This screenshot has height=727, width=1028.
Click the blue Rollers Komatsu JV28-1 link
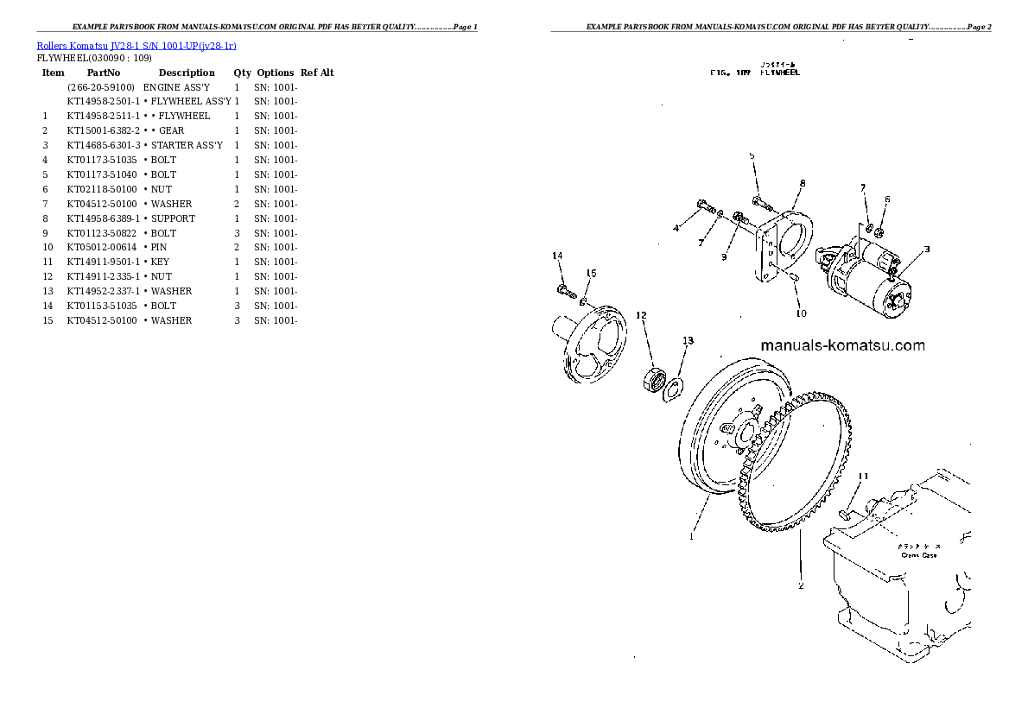136,45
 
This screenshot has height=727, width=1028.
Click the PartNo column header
103,73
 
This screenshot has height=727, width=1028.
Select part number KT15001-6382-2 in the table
103,130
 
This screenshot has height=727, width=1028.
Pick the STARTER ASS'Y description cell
187,145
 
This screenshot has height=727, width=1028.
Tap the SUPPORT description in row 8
173,218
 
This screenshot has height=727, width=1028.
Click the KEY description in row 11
161,262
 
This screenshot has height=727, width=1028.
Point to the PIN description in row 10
160,248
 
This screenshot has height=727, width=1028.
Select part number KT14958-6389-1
103,218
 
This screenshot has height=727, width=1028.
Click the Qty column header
242,73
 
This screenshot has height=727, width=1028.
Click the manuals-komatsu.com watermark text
842,345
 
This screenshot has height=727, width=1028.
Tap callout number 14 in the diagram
557,256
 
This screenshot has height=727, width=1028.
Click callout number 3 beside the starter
926,250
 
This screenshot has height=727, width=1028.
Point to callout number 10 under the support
801,313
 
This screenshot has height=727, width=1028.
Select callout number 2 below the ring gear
801,585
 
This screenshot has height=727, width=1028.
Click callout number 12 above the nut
640,315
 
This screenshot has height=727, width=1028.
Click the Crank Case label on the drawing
917,555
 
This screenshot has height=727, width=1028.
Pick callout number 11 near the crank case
862,476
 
